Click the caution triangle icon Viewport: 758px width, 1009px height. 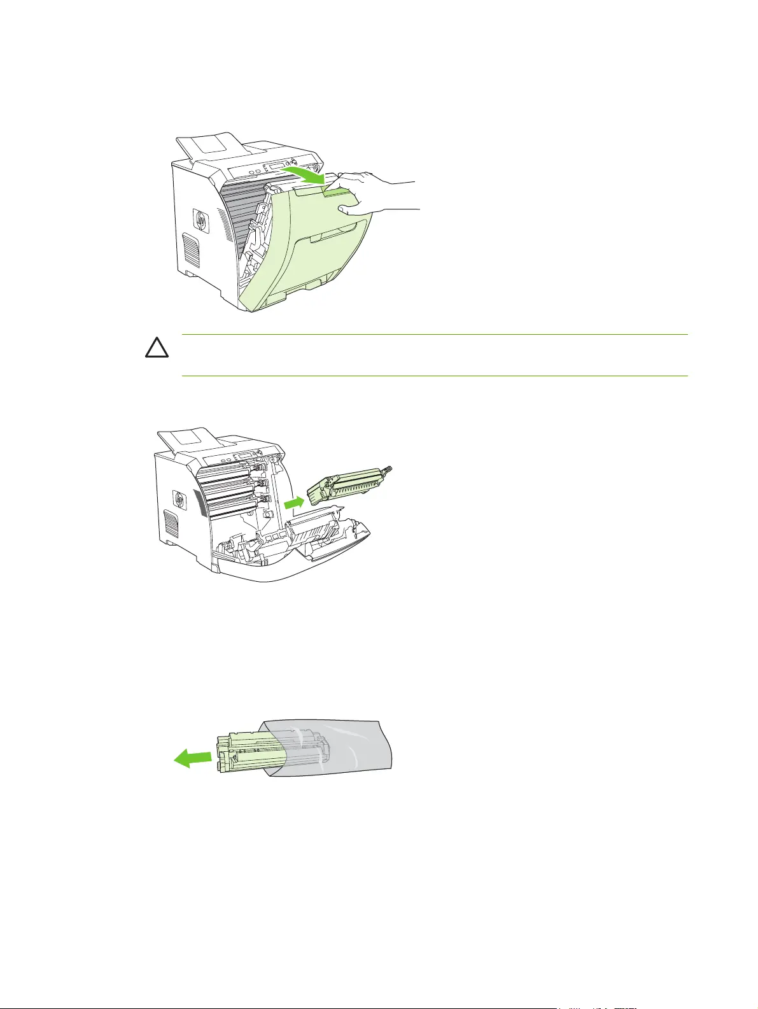[x=160, y=348]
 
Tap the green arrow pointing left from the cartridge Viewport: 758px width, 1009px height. [x=193, y=758]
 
